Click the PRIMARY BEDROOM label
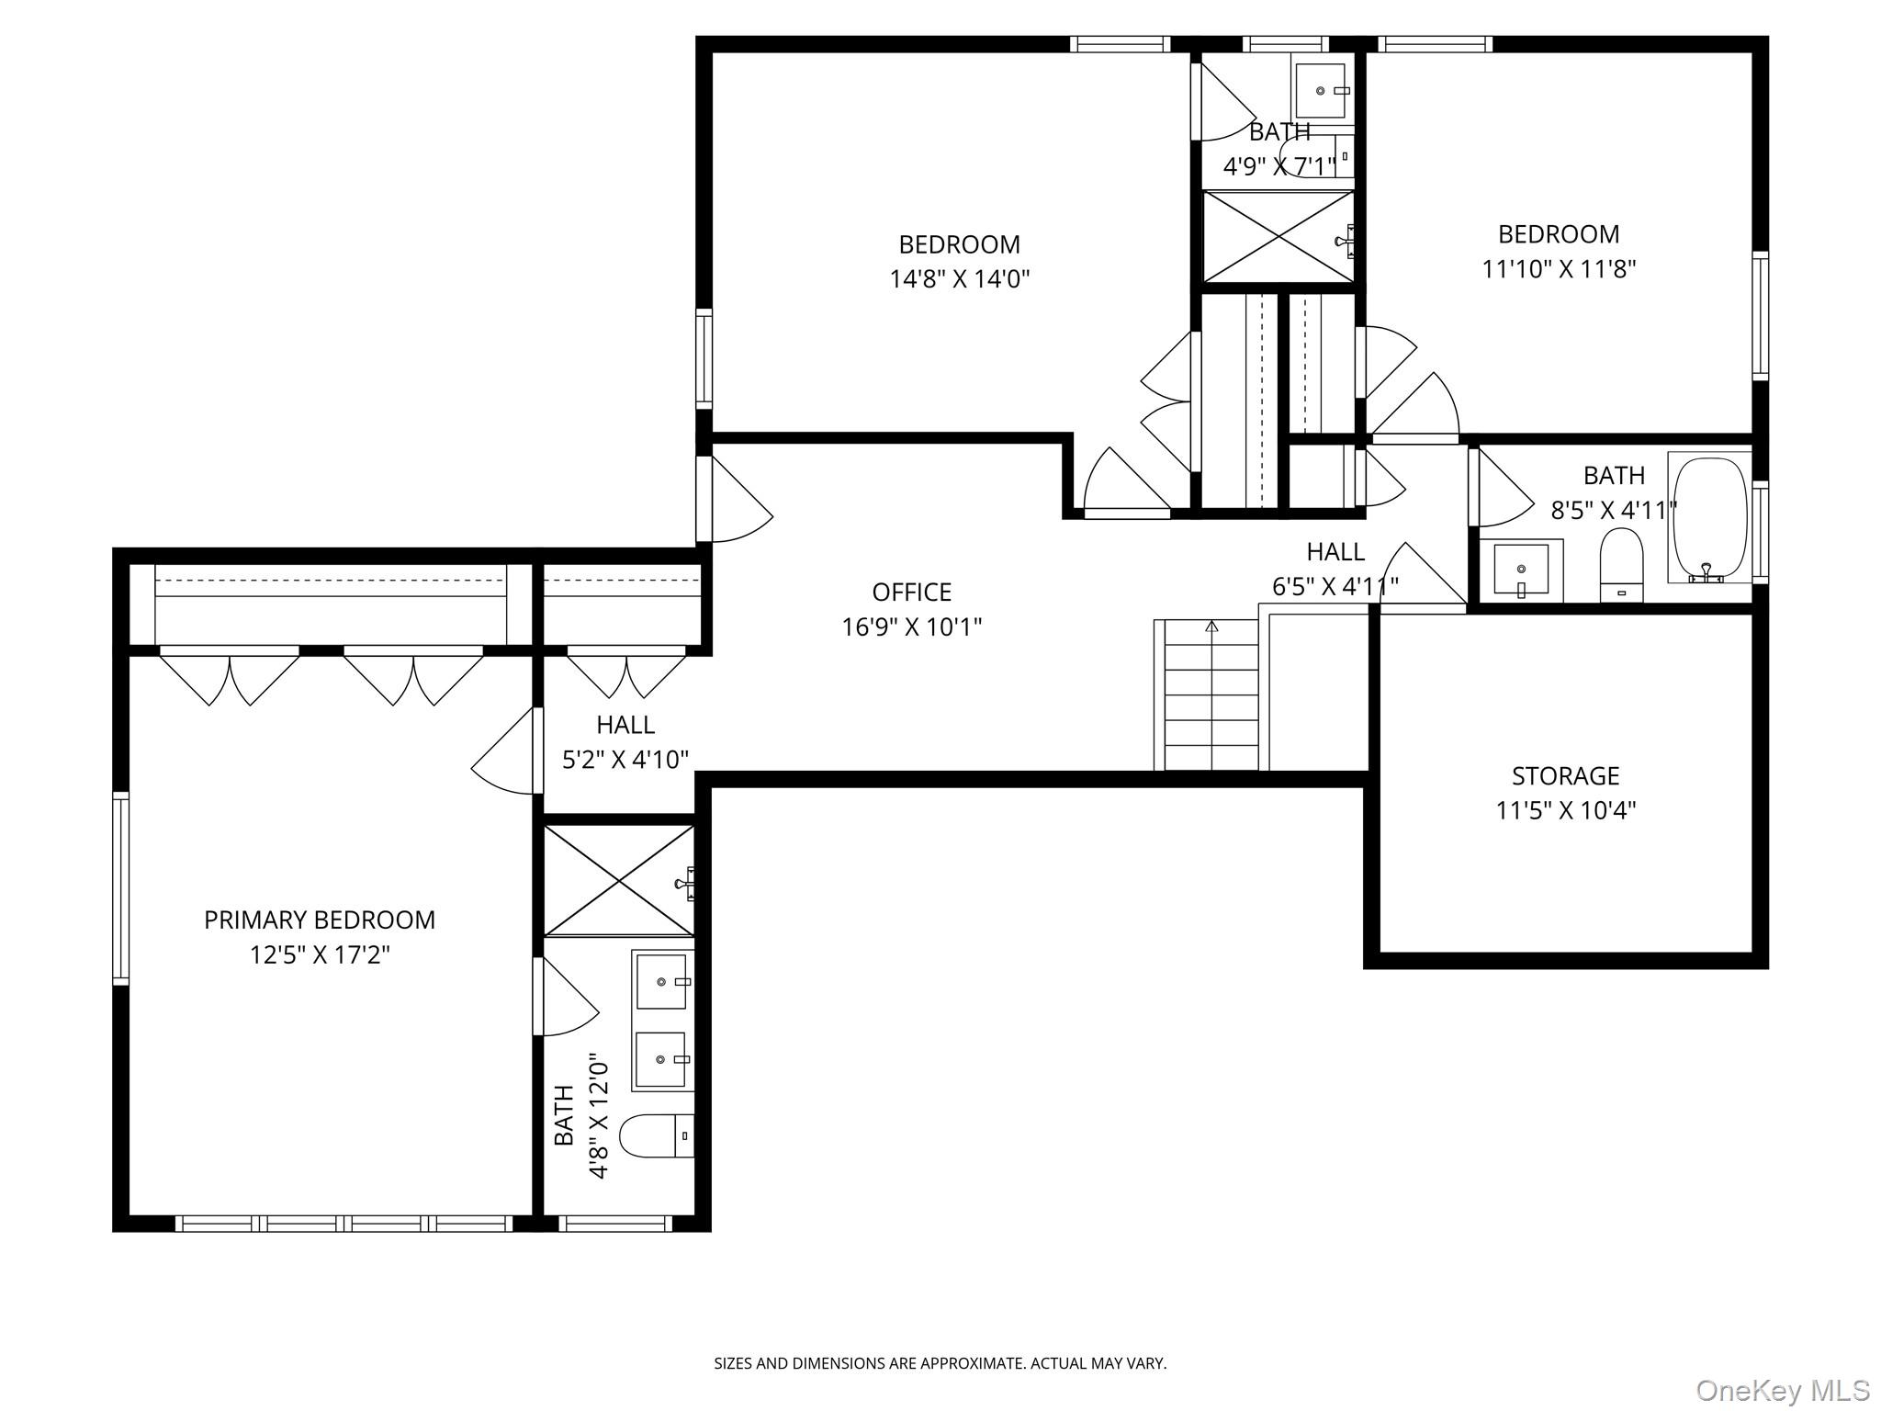coord(319,920)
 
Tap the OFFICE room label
coord(911,592)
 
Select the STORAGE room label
coord(1565,776)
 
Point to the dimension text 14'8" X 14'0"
coord(959,278)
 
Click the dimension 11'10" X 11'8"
coord(1559,269)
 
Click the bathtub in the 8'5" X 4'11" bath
coord(1710,519)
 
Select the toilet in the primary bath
coord(654,1136)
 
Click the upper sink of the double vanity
coord(661,982)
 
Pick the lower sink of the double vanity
coord(661,1059)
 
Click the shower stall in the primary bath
coord(619,881)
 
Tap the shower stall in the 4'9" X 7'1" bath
coord(1278,237)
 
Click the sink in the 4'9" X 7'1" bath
coord(1320,90)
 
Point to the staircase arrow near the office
coord(1211,626)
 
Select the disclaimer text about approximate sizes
coord(940,1363)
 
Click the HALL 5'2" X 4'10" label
coord(625,741)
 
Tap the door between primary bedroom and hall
coord(503,751)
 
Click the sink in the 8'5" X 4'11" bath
coord(1520,570)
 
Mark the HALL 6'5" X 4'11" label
coord(1335,568)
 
